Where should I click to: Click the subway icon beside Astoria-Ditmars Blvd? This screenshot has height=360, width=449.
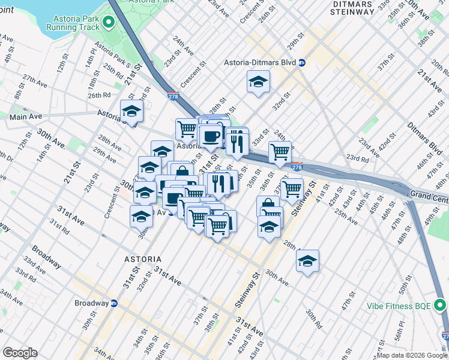click(x=303, y=62)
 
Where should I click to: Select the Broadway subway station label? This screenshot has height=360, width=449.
click(x=91, y=303)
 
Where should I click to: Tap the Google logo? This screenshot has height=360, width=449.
click(x=20, y=353)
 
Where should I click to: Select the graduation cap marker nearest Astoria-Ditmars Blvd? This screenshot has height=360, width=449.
click(x=258, y=83)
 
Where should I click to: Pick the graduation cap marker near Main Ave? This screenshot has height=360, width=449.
click(x=132, y=112)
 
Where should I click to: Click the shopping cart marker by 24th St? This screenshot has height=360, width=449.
click(x=280, y=152)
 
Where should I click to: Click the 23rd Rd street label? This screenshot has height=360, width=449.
click(x=357, y=159)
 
